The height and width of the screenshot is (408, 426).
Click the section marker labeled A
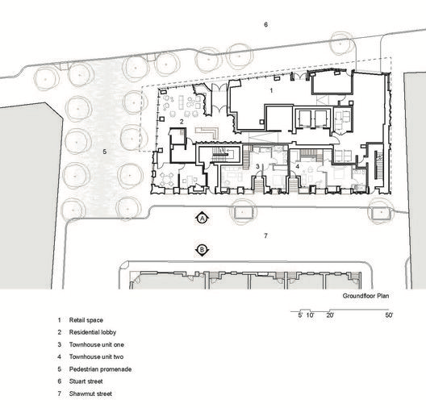(x=202, y=218)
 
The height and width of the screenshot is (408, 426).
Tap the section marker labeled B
(x=202, y=250)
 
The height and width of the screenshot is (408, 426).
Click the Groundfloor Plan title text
(x=365, y=296)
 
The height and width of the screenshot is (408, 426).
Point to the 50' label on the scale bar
(x=389, y=315)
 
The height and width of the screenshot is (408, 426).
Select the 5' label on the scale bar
(x=300, y=315)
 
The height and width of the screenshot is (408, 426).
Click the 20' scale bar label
(x=330, y=315)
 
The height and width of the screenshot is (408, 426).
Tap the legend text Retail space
(x=86, y=320)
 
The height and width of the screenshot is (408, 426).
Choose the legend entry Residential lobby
(x=93, y=332)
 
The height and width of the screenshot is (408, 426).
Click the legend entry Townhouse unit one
(x=97, y=345)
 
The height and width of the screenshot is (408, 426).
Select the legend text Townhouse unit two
(x=96, y=356)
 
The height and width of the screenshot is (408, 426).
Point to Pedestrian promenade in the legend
(x=100, y=369)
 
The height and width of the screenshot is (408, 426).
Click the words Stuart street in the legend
(x=86, y=381)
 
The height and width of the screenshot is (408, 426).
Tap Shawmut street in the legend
(x=90, y=393)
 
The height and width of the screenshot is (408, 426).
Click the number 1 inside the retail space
(x=271, y=90)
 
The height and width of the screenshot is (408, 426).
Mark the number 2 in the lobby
(x=182, y=122)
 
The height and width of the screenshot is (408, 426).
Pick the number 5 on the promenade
(x=105, y=152)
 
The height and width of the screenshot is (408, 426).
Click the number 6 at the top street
(x=265, y=24)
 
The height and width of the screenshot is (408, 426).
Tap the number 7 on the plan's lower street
(x=265, y=235)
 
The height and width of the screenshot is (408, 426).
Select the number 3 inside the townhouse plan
(x=258, y=166)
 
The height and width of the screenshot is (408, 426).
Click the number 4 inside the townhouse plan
(x=298, y=166)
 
